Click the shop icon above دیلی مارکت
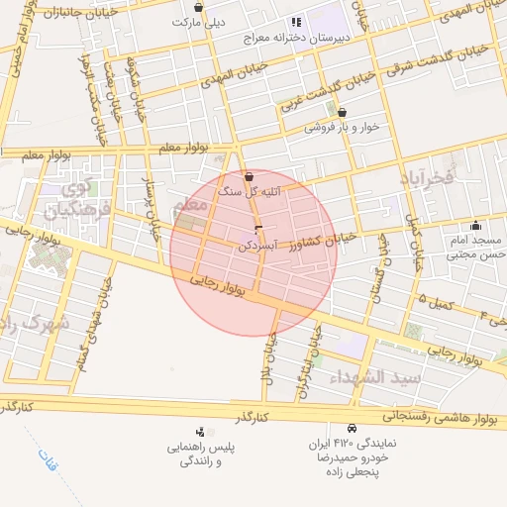tap(199, 7)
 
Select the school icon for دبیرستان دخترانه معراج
tap(295, 22)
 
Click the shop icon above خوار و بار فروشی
tap(343, 112)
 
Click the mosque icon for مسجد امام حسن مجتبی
tap(476, 225)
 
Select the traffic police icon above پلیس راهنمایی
tap(201, 432)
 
